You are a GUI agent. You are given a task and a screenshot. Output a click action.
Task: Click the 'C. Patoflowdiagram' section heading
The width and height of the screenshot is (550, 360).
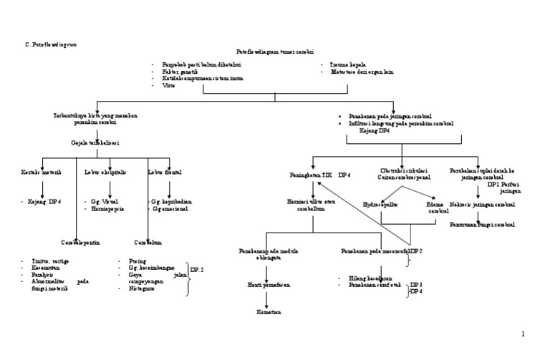(51, 44)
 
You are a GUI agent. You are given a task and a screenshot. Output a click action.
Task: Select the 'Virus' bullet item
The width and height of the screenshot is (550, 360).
(168, 85)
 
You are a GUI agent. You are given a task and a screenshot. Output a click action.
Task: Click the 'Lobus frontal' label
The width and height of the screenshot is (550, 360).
(164, 172)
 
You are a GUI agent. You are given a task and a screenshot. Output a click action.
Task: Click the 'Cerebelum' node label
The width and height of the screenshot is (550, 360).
(149, 241)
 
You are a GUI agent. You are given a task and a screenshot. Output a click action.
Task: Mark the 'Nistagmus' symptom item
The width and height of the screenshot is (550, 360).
(142, 289)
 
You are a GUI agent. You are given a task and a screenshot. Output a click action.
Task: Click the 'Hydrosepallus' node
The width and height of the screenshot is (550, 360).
(380, 204)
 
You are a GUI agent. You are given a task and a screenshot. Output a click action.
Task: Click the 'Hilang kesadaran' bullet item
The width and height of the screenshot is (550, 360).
(370, 277)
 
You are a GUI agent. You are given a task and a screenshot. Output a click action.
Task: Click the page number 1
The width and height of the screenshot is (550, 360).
(523, 334)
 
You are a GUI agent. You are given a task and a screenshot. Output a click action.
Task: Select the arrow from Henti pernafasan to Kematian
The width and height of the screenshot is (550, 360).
(266, 299)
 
